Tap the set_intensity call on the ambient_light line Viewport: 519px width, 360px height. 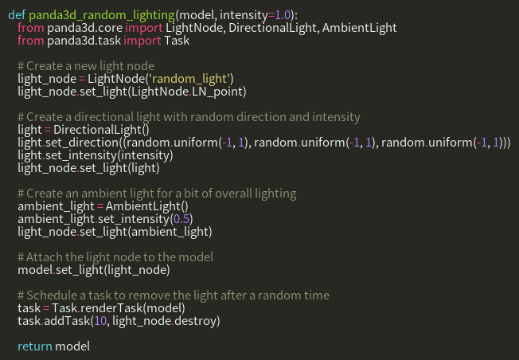[131, 219]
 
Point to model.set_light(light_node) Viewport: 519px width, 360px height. [94, 270]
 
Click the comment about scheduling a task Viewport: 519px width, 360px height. [173, 295]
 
